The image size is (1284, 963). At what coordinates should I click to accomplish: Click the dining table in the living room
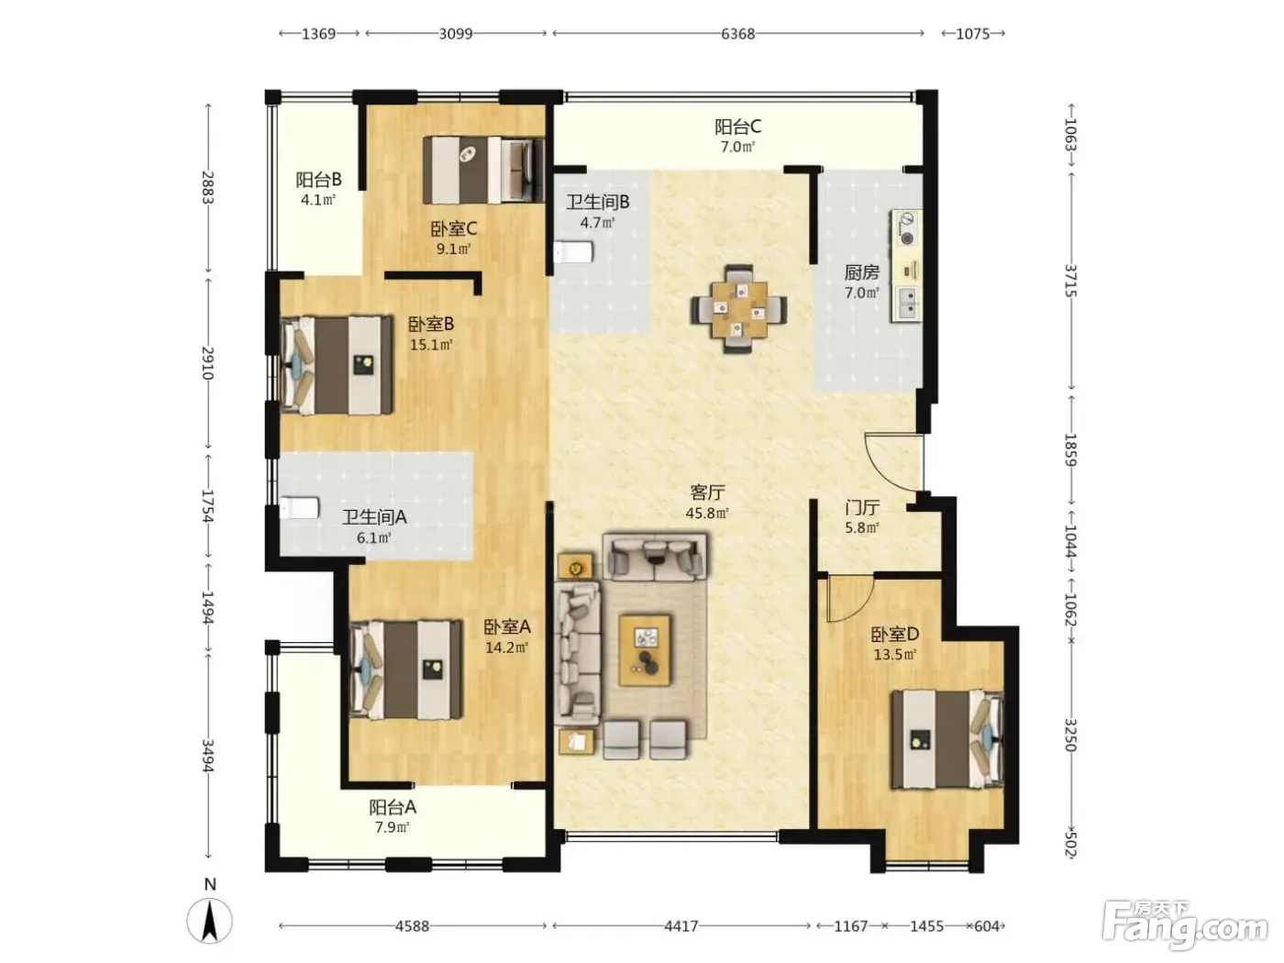[739, 309]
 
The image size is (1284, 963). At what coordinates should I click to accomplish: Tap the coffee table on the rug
[645, 649]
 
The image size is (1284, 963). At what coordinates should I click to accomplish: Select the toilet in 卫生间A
[299, 507]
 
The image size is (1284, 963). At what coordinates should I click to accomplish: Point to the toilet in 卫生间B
[573, 252]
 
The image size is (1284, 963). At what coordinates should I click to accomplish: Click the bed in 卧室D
[947, 739]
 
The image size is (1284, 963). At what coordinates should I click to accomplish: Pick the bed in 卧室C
[483, 171]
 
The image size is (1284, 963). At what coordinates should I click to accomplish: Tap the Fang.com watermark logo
[1184, 924]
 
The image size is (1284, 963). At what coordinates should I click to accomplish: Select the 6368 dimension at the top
[737, 34]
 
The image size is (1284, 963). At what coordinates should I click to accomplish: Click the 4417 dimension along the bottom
[681, 925]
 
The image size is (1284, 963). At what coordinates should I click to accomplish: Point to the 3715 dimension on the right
[1070, 281]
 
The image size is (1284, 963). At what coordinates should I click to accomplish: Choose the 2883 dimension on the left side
[207, 187]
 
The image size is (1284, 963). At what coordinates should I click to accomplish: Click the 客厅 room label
[707, 493]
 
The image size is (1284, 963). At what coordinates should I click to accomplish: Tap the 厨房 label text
[861, 272]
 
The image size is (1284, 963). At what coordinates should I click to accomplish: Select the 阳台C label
[737, 127]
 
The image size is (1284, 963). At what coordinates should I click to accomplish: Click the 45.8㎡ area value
[707, 514]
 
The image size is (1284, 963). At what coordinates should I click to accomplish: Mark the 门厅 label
[862, 507]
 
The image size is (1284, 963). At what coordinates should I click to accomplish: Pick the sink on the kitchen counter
[906, 304]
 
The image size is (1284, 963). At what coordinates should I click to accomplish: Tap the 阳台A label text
[393, 807]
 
